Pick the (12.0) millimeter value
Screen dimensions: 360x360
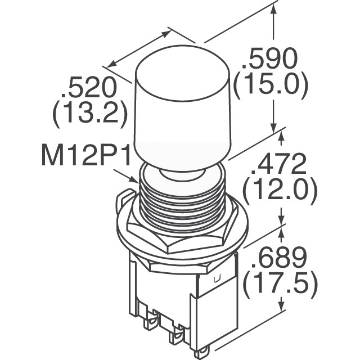click(x=280, y=191)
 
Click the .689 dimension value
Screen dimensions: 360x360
click(x=279, y=259)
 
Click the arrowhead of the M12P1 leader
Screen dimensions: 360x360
click(x=135, y=180)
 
